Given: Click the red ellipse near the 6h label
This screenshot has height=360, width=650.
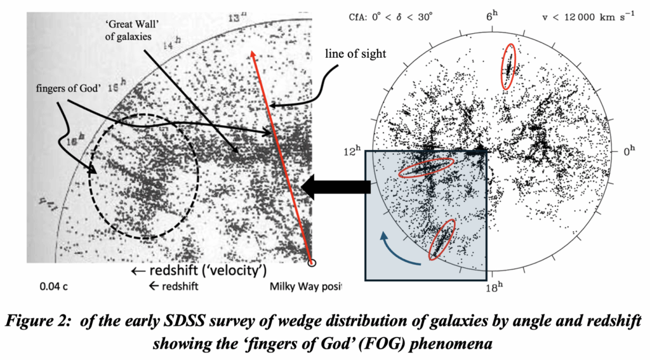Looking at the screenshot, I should [508, 67].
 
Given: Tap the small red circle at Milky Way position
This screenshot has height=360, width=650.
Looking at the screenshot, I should [311, 262].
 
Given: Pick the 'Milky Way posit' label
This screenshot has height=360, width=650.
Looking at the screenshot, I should [305, 286].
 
